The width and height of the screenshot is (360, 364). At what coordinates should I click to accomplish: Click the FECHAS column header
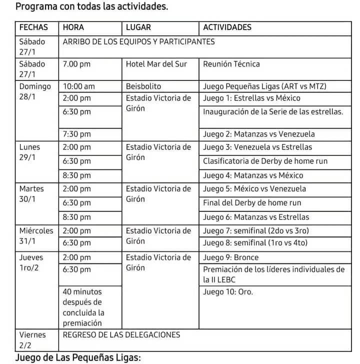pos(34,28)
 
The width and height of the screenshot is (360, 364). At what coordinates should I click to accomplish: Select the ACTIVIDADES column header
pos(227,28)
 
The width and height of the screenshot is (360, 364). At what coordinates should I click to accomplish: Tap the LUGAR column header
pos(138,28)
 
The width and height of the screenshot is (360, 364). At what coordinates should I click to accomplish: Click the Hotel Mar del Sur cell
pos(156,64)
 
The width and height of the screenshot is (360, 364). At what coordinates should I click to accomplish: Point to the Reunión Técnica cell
pos(231,64)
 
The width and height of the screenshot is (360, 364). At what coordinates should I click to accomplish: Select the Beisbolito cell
pos(143,86)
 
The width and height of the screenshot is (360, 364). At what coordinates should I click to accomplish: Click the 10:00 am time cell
pos(79,86)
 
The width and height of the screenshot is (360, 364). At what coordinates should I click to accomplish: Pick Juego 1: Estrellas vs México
pos(258,98)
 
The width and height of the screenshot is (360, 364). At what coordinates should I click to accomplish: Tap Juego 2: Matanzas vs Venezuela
pos(266,134)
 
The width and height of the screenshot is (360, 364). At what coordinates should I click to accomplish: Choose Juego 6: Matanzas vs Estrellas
pos(263,217)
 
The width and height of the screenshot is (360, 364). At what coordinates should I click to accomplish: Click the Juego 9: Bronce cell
pos(231,257)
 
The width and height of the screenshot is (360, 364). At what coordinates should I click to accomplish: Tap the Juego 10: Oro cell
pos(228,292)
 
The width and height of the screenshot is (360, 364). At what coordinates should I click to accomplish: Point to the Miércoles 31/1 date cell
pos(35,236)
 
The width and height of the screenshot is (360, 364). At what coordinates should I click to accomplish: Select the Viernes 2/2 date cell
pos(32,340)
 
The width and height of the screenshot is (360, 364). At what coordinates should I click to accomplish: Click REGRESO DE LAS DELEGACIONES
pos(121,335)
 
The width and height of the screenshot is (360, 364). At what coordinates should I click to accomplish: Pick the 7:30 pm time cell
pos(77,134)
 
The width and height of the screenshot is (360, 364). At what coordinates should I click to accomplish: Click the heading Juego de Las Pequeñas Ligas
pos(78,358)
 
